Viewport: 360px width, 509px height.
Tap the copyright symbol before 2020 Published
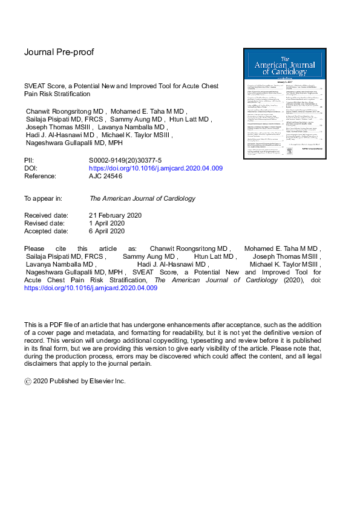pos(27,381)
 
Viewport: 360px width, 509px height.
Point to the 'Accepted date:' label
pos(47,231)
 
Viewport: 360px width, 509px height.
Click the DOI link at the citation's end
pos(91,288)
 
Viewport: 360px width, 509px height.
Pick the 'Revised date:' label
pos(45,222)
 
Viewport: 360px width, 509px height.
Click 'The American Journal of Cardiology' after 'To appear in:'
pos(142,198)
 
